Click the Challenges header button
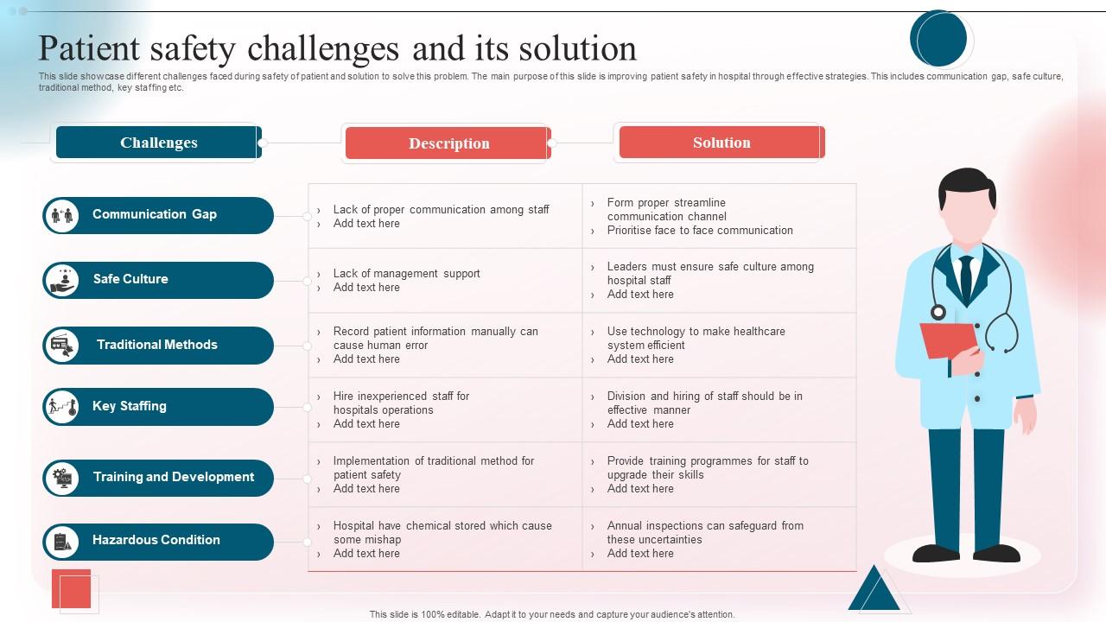click(x=158, y=143)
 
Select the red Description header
click(x=448, y=143)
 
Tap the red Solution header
click(x=721, y=143)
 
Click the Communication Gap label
click(x=155, y=214)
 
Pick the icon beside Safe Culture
click(x=62, y=280)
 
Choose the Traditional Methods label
click(x=157, y=345)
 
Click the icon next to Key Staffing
click(x=62, y=407)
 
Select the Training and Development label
click(x=174, y=477)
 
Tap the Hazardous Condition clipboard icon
click(x=62, y=542)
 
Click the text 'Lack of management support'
click(x=406, y=274)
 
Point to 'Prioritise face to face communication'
click(x=699, y=231)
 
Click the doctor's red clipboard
click(x=948, y=340)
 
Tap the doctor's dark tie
click(x=966, y=276)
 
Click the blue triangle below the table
click(x=874, y=590)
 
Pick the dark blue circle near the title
click(x=938, y=39)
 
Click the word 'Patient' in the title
click(x=90, y=49)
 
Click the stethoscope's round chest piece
click(x=938, y=312)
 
